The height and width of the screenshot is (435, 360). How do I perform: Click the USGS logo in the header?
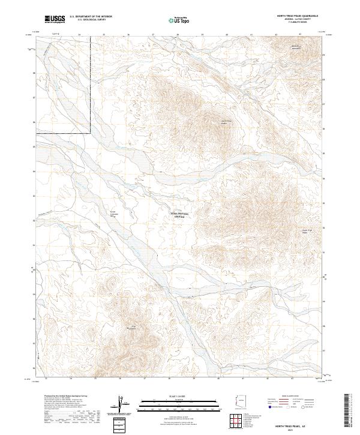tap(55, 19)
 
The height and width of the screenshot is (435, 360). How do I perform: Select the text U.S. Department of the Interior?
tap(91, 17)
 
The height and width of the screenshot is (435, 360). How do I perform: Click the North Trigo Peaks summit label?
tap(224, 122)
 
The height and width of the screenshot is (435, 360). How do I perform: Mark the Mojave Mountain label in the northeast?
tap(295, 47)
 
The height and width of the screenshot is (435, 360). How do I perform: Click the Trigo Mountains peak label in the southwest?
tap(131, 327)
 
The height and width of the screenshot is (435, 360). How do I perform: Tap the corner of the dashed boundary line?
tap(91, 133)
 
